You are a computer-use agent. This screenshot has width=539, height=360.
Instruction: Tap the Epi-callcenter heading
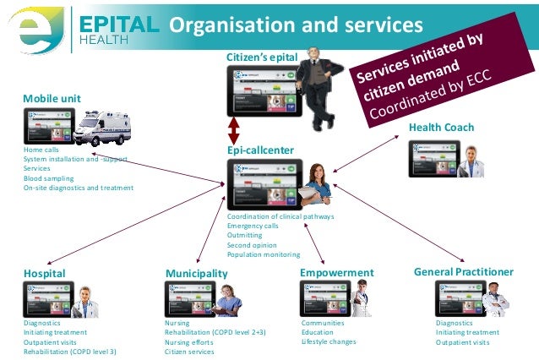(260, 150)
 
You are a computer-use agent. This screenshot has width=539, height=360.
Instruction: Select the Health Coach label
(441, 128)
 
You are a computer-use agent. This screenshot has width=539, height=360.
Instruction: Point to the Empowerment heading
(336, 273)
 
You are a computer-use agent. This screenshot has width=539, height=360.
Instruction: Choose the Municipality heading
(196, 274)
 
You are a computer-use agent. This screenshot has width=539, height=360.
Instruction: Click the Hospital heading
(44, 274)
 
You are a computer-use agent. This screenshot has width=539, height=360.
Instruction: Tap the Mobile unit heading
(52, 99)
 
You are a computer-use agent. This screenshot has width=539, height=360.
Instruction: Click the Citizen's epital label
(262, 57)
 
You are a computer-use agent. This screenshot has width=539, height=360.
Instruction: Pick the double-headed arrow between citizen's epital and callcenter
(234, 131)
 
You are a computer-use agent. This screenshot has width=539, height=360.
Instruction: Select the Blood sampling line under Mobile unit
(48, 178)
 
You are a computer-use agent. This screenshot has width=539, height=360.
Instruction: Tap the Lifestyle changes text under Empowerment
(329, 342)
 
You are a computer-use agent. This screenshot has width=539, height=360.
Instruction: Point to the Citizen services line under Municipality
(190, 352)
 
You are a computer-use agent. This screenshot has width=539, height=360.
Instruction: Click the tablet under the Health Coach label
(435, 158)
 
